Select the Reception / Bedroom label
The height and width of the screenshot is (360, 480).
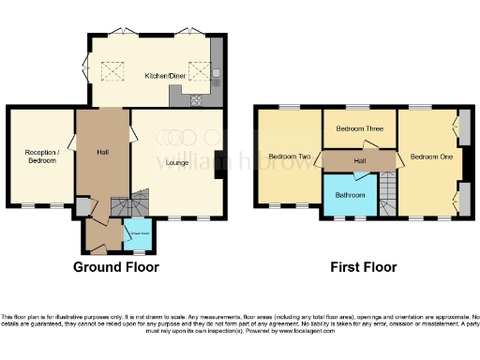tap(41, 156)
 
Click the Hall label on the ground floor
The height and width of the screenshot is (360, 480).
tap(103, 152)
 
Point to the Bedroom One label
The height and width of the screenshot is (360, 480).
tap(430, 157)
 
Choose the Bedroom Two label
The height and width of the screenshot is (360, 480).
tap(289, 157)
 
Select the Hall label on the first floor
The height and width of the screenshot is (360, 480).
tap(360, 161)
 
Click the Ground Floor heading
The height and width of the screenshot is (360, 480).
tap(116, 267)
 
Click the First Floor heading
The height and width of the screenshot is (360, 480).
tap(363, 267)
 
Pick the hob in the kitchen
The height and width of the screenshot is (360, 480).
tap(197, 100)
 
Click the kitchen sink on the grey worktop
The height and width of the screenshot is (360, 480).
tap(216, 72)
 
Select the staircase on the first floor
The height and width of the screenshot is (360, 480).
tap(387, 195)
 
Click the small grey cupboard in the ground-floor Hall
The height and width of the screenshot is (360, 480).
tap(83, 206)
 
